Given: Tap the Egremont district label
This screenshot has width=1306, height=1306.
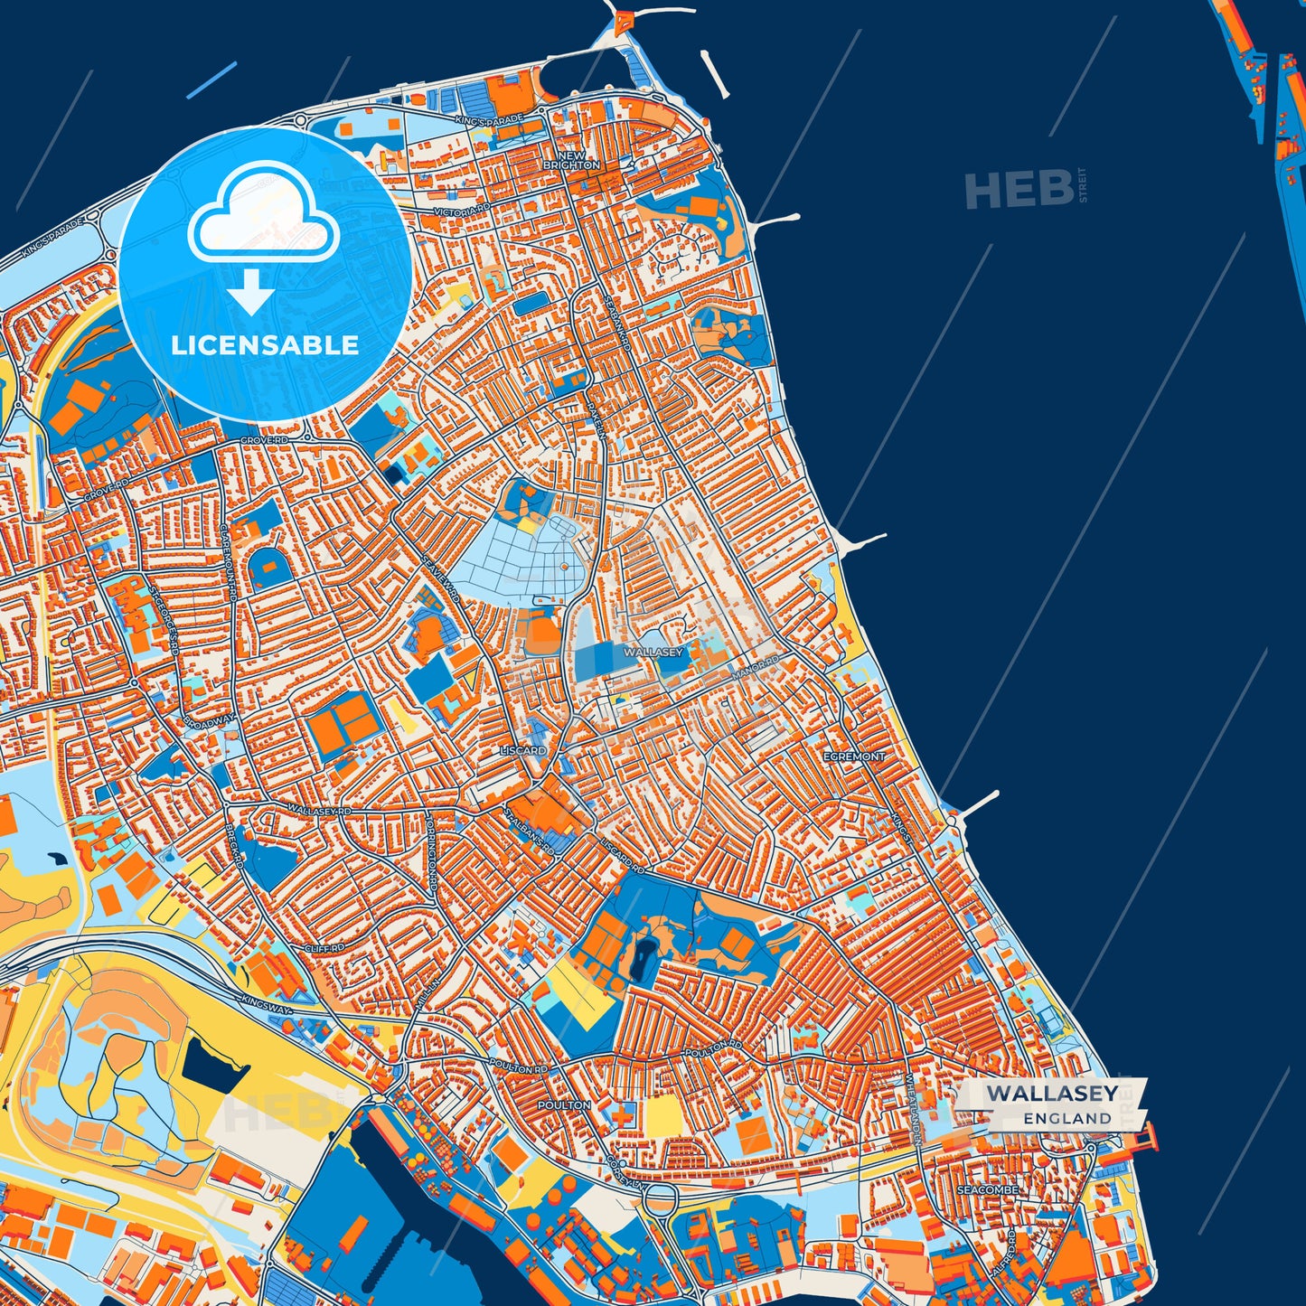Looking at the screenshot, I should tap(854, 756).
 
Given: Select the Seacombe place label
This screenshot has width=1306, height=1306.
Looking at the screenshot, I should tap(988, 1189).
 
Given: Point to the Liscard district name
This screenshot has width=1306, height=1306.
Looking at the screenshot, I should tap(523, 750).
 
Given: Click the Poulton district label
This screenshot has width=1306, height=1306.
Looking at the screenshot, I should tap(564, 1104).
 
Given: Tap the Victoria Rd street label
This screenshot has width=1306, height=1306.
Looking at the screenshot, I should tap(461, 211).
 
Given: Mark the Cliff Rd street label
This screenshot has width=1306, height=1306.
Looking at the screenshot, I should tap(325, 949).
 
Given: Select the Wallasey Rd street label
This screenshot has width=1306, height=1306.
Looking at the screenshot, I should tap(318, 811).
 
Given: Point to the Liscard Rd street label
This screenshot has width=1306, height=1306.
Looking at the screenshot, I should tap(623, 853).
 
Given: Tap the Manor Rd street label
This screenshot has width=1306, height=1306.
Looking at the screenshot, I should tap(755, 668).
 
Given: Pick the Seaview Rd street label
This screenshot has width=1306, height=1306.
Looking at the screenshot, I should tap(440, 578).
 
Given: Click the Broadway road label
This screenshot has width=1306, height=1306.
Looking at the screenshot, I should tap(209, 719).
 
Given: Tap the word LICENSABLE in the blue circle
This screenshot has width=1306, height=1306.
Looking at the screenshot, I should tap(265, 345).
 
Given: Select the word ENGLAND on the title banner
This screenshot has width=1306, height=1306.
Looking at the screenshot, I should tap(1067, 1118).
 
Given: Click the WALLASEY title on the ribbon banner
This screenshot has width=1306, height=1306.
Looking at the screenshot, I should tap(1052, 1094).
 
